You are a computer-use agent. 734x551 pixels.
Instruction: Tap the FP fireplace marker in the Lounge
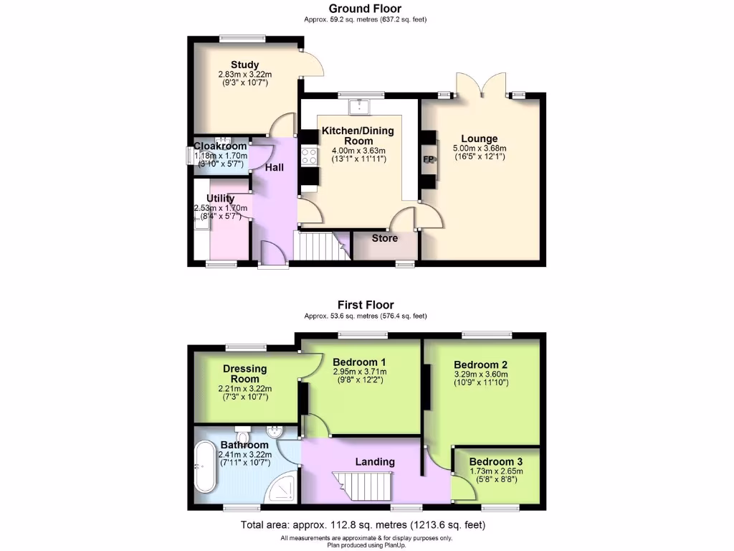tap(429, 160)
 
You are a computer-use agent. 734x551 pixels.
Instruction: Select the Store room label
tap(384, 238)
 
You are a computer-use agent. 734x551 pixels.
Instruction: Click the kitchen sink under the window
tap(358, 107)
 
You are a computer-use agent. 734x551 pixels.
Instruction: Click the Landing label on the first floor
tap(375, 461)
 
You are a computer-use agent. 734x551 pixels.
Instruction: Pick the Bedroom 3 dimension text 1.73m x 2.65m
tap(497, 471)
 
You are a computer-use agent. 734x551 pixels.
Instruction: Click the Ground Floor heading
tap(366, 9)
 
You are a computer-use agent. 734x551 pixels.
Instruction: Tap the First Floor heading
tap(366, 305)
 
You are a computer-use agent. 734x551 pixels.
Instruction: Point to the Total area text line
tap(366, 524)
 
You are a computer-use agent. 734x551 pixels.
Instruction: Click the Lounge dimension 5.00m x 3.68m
tap(480, 149)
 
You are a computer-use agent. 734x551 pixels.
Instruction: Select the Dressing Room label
tap(245, 374)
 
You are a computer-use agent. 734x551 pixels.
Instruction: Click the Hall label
tap(275, 167)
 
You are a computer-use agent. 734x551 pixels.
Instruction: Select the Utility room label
tap(221, 198)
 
